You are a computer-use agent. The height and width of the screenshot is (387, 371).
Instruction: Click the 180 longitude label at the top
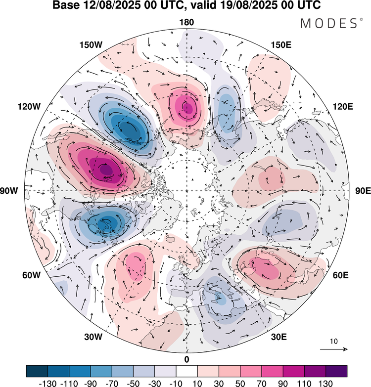point(186,22)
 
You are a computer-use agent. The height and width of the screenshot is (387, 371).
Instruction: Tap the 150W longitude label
point(91,45)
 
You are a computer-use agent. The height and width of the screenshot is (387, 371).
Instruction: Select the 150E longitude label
point(281,45)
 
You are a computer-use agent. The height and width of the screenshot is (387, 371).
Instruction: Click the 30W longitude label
point(93,337)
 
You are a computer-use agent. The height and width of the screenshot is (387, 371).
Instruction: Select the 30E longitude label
point(279,337)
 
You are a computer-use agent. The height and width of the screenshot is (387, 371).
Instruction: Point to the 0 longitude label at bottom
point(186,359)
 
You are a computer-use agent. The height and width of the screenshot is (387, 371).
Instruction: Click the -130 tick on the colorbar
point(48,382)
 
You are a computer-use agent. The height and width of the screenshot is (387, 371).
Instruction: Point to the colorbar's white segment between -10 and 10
point(186,371)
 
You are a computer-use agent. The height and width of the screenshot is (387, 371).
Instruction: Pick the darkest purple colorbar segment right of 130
point(336,371)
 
